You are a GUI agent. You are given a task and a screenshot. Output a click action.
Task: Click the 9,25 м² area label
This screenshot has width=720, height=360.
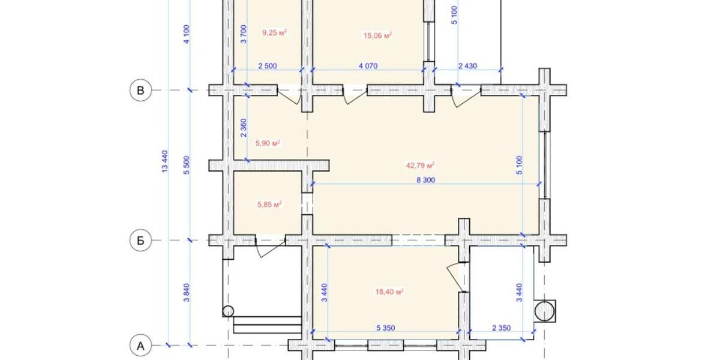pos(274,33)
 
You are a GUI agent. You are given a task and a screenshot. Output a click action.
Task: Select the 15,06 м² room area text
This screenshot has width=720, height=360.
pos(377,35)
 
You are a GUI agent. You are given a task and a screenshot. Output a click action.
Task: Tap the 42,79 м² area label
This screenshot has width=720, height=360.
pos(422,165)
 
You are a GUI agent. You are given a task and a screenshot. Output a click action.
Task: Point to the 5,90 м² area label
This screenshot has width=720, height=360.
pos(268,143)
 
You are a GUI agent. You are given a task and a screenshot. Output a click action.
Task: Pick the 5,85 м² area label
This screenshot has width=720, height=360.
pos(269,204)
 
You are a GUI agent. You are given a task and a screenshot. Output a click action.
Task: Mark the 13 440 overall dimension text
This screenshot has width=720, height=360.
pos(165,162)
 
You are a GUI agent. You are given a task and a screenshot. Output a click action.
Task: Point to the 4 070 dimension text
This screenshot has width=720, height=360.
pos(368,66)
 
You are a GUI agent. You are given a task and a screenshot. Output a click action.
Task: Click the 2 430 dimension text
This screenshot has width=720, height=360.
pos(467,66)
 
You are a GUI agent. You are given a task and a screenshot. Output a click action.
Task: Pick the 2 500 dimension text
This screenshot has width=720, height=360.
pos(267,66)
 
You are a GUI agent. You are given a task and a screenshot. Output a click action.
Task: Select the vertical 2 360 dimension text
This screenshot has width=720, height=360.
pos(244,127)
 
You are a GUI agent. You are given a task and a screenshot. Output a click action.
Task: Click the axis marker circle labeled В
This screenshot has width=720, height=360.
pos(140,91)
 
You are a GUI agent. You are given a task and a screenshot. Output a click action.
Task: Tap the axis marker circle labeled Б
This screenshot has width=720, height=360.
pos(140,241)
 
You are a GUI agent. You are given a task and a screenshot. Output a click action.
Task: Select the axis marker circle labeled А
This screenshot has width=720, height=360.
pos(140,345)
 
